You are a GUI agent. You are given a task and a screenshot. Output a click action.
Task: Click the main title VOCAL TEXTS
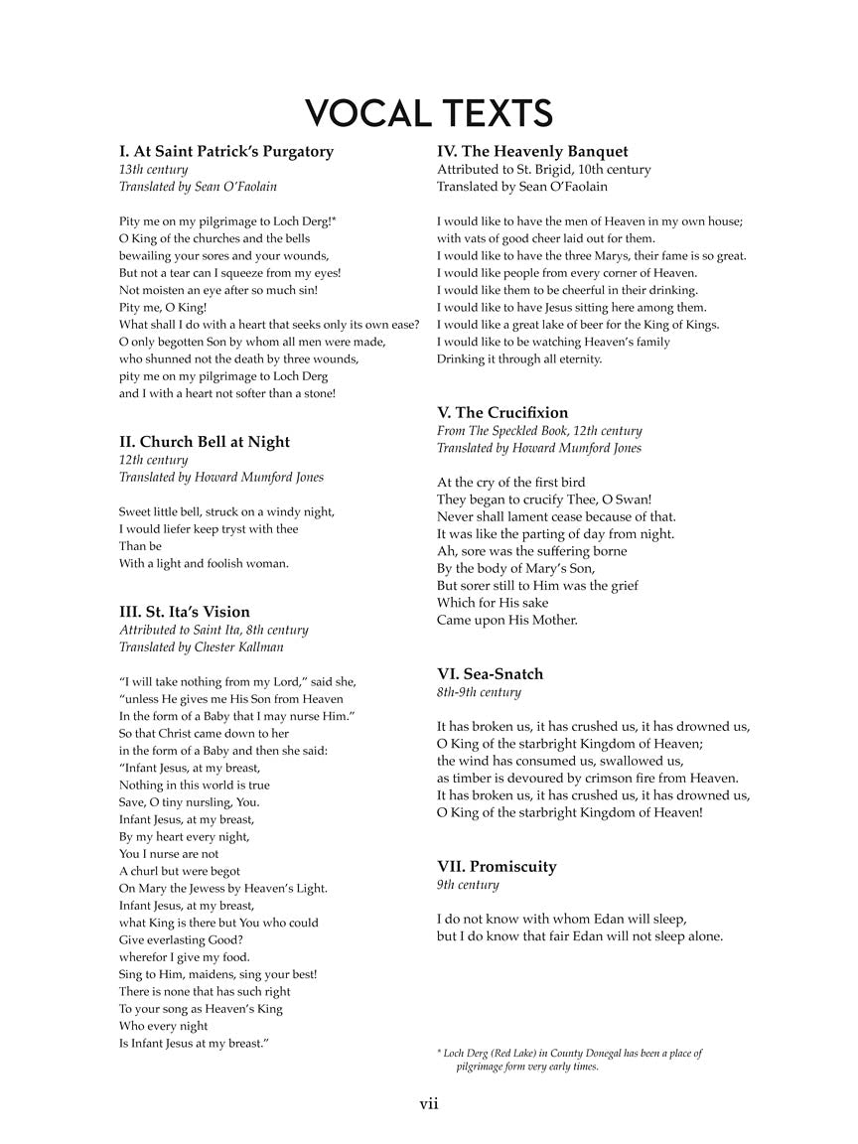point(429,113)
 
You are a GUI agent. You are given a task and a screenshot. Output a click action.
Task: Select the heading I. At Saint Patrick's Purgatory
point(226,152)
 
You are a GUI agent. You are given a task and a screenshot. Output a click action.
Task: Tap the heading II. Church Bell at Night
point(205,442)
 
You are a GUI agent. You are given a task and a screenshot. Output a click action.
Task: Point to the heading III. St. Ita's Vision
point(185,612)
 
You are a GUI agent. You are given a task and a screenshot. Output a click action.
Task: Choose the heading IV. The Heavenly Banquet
point(532,152)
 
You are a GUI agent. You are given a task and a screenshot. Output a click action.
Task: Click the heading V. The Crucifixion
point(502,413)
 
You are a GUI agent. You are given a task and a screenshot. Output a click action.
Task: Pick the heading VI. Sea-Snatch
point(491,674)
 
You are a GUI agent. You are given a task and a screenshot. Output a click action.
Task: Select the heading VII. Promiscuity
point(497,867)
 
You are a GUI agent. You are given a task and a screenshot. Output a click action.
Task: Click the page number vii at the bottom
point(429,1103)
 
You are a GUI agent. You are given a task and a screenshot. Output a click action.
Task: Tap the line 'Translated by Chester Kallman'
point(202,646)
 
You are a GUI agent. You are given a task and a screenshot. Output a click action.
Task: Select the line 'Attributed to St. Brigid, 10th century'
point(544,170)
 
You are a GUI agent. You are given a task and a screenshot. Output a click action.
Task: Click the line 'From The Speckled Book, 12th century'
point(539,431)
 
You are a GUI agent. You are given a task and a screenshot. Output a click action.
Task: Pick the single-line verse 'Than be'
point(140,546)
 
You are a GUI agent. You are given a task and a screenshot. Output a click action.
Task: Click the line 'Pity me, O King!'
point(163,307)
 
